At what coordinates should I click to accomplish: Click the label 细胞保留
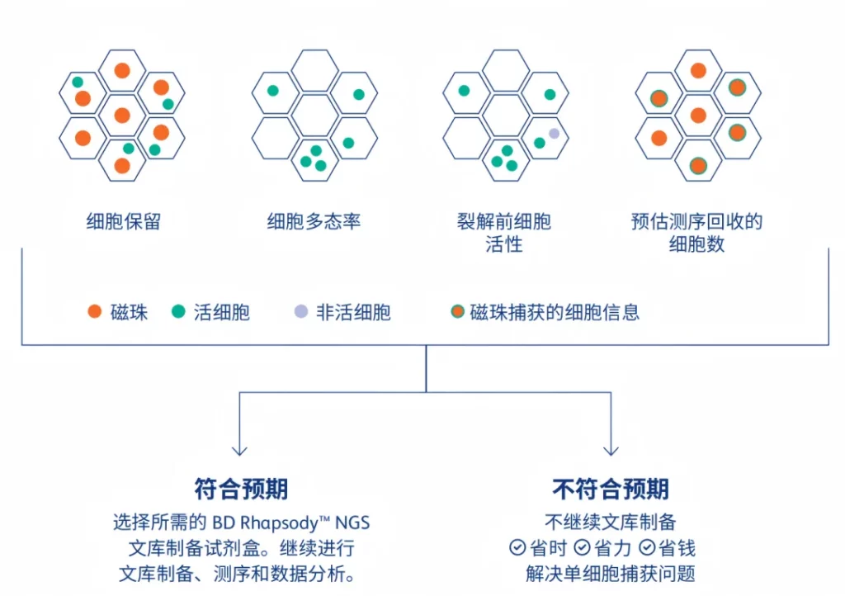click(123, 222)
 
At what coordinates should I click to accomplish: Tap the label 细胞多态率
click(314, 222)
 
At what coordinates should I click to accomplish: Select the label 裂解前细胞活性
click(504, 233)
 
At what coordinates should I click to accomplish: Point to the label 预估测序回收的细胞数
click(697, 233)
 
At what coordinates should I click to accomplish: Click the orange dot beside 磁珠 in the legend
click(95, 312)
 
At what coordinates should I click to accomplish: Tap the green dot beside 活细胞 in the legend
click(178, 312)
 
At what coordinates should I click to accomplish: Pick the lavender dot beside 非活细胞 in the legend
click(300, 312)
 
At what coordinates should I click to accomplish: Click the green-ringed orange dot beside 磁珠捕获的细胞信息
click(457, 312)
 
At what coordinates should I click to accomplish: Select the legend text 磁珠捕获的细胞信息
click(555, 312)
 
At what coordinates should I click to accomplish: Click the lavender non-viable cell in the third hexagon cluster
click(554, 133)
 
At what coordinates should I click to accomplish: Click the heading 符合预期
click(241, 490)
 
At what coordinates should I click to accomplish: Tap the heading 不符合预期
click(611, 490)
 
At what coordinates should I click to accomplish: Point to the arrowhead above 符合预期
click(239, 449)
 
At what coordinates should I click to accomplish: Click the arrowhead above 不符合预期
click(611, 449)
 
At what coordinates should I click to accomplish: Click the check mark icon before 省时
click(517, 547)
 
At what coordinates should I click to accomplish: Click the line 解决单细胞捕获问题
click(611, 573)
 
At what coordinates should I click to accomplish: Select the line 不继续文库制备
click(611, 522)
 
